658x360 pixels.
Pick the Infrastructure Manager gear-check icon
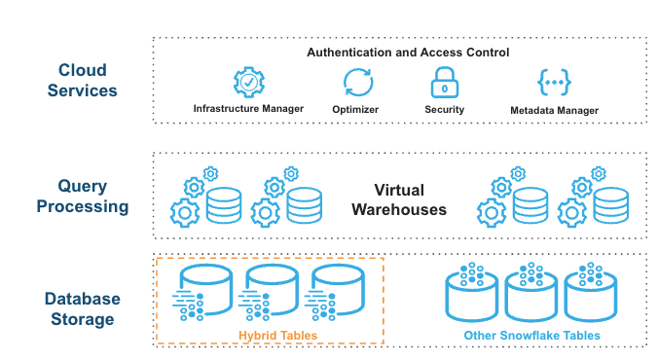248,83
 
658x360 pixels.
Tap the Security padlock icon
444,83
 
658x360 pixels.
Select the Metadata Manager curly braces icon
554,83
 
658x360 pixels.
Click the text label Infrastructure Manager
248,110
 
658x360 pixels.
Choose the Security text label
444,110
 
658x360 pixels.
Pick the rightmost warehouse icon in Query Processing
593,198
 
